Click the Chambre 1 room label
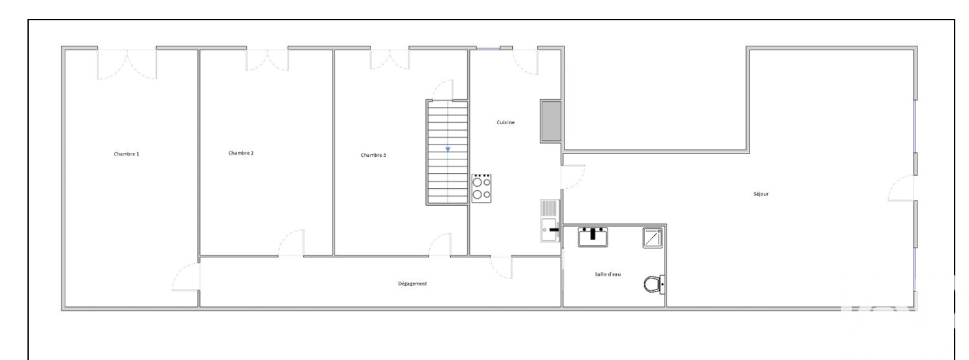click(126, 154)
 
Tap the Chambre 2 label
click(241, 153)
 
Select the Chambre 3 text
click(373, 155)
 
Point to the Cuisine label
click(506, 122)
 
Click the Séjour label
click(761, 194)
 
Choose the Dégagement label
click(412, 284)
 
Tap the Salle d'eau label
click(608, 274)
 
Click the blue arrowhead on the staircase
click(448, 149)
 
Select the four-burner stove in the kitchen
click(482, 189)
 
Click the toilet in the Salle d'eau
click(654, 284)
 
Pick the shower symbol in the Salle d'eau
click(653, 238)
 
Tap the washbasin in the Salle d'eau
click(593, 237)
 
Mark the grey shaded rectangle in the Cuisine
click(551, 121)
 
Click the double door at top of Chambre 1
click(127, 64)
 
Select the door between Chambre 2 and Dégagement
click(291, 243)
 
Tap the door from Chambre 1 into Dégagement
click(186, 277)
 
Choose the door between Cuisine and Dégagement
click(501, 267)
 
